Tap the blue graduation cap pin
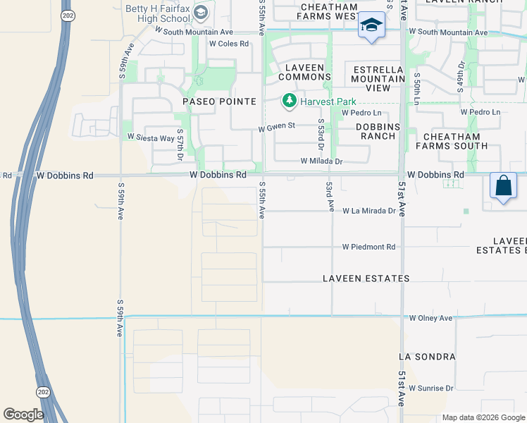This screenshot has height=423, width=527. coord(371,26)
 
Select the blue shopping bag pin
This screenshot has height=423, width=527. coord(503,186)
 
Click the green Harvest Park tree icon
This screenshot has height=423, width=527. coord(289,102)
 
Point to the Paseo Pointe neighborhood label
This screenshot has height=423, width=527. coord(219,102)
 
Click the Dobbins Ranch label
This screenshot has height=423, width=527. coord(378,131)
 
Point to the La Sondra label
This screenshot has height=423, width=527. coord(427,357)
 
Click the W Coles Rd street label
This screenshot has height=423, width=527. coord(229,44)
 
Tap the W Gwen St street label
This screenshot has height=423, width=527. coord(275,128)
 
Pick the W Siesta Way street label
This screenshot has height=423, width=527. coord(150,137)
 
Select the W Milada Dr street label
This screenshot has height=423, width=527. coord(321,161)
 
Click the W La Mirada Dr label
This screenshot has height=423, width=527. coord(368,211)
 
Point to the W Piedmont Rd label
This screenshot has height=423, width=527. coord(368,247)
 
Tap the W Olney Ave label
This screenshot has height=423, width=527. coord(430,319)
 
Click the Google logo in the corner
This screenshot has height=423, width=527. coord(23,414)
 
